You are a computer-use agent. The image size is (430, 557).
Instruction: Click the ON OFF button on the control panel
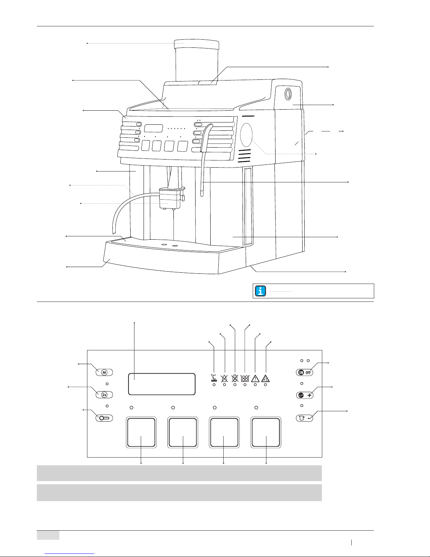304,373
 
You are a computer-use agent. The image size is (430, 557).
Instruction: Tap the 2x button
104,395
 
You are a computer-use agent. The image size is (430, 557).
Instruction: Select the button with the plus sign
304,395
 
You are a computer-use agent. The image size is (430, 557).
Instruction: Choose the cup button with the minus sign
304,418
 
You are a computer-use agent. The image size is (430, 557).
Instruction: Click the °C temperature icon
214,378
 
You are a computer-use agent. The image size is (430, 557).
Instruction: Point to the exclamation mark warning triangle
255,378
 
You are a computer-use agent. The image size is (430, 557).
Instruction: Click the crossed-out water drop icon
224,378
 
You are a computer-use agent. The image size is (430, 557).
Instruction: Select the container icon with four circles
245,378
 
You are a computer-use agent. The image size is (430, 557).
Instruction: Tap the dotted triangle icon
265,378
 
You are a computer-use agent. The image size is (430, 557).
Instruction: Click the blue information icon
260,291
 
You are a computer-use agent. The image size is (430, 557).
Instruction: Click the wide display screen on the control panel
162,384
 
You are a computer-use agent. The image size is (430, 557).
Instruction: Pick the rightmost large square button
266,433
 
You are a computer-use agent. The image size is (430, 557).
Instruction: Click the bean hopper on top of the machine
197,60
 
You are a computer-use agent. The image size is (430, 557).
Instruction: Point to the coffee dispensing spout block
171,197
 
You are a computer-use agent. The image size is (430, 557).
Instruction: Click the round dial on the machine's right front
246,135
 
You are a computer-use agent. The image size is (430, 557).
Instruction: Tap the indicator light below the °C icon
214,385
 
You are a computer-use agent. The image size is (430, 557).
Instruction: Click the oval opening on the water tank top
288,94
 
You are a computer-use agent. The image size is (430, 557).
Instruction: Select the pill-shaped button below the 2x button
104,418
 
